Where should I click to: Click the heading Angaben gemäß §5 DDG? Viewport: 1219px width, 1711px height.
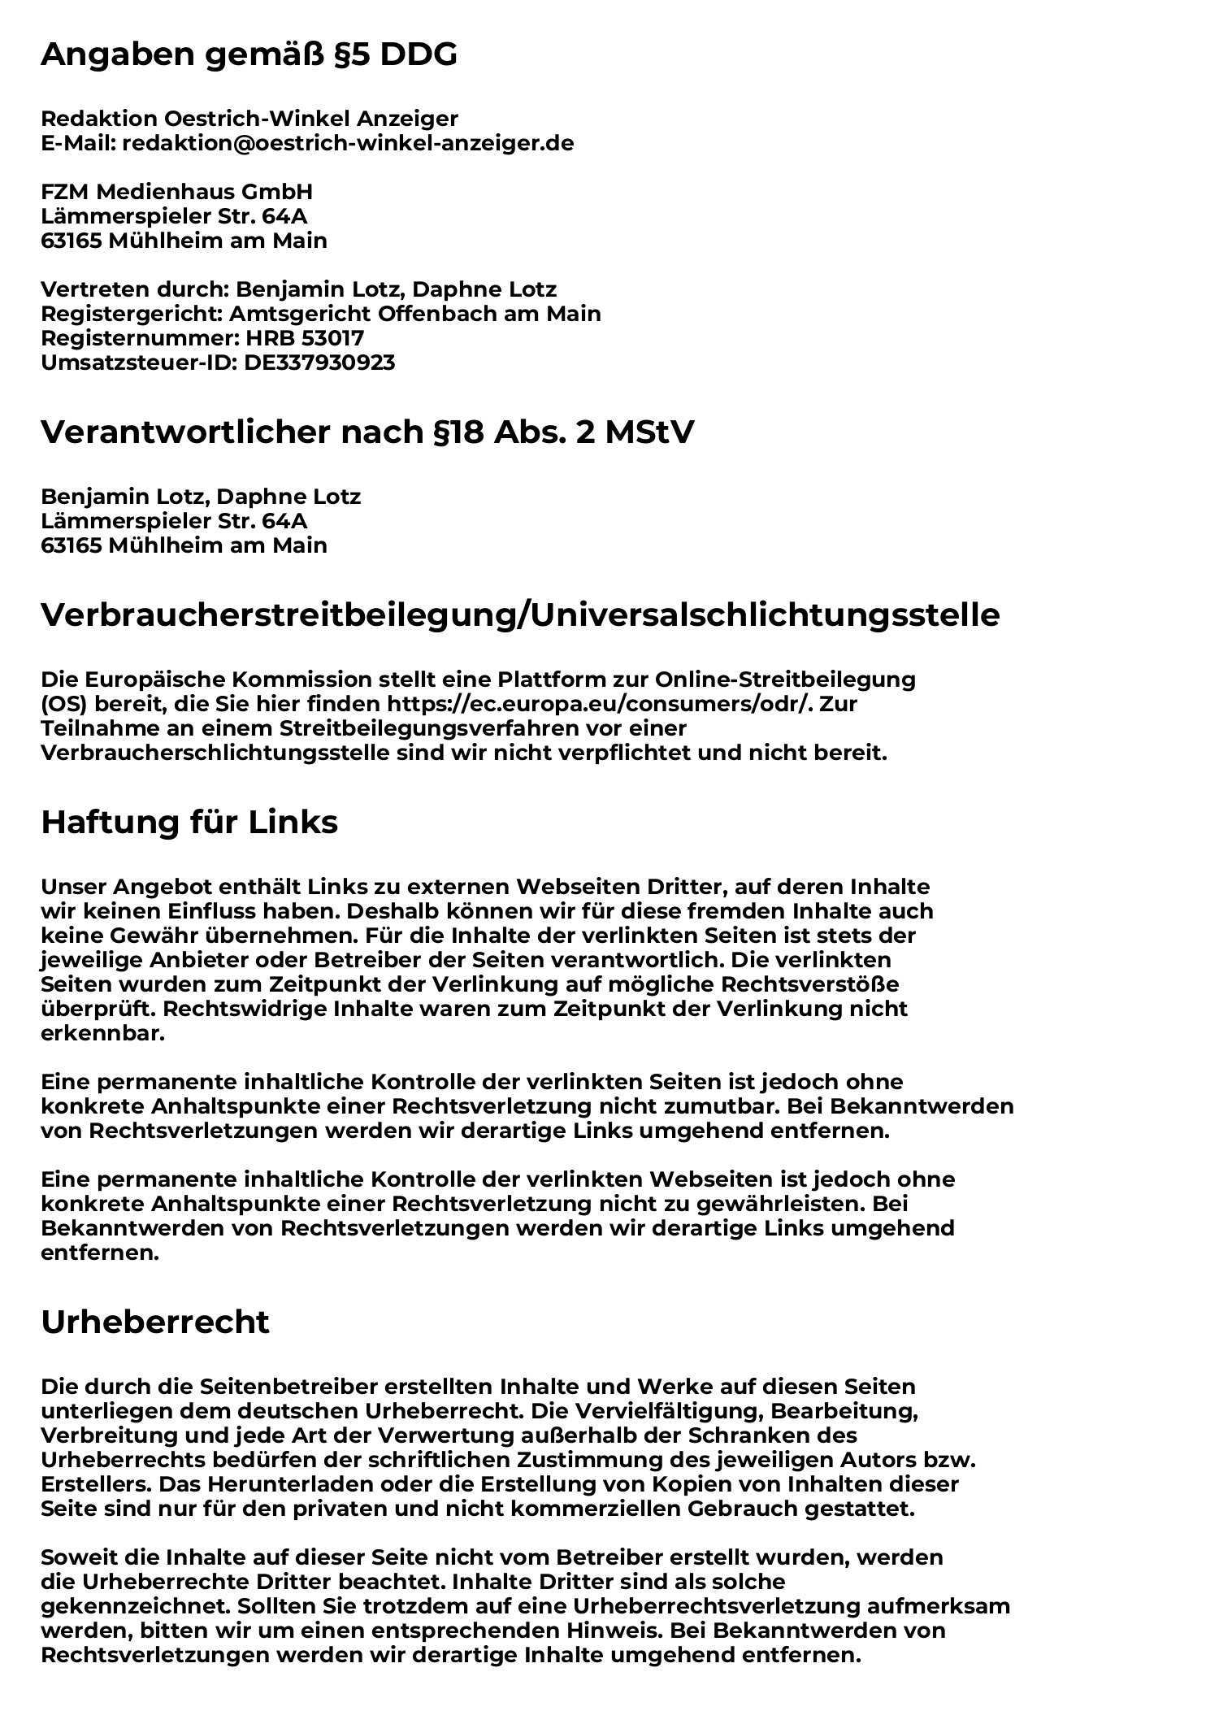point(249,55)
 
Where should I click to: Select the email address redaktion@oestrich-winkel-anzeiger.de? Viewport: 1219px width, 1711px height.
point(348,144)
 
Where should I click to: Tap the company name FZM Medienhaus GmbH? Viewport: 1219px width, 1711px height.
point(176,193)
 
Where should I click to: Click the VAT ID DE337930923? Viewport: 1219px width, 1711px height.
point(319,363)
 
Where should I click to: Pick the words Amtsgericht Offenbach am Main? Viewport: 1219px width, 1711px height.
point(415,314)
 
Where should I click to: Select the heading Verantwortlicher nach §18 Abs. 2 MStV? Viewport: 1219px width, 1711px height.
point(367,433)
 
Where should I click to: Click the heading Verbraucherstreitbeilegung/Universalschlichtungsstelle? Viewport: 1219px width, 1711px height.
point(520,615)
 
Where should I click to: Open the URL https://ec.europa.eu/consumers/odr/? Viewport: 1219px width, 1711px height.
point(600,704)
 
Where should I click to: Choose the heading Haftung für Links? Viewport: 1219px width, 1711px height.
point(189,823)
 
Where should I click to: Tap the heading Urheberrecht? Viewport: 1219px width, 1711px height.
point(154,1322)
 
